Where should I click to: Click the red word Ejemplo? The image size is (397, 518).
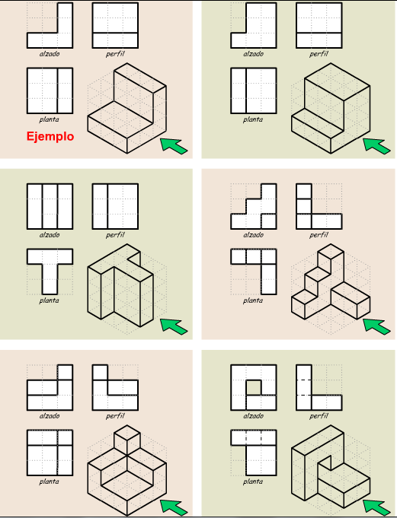click(50, 137)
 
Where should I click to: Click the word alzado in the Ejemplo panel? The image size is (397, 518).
click(50, 54)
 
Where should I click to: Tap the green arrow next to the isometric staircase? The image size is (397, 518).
click(376, 326)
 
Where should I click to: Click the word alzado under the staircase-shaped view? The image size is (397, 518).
click(253, 235)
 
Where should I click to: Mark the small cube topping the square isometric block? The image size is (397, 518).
click(126, 440)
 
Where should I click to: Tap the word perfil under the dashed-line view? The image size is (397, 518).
click(319, 416)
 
